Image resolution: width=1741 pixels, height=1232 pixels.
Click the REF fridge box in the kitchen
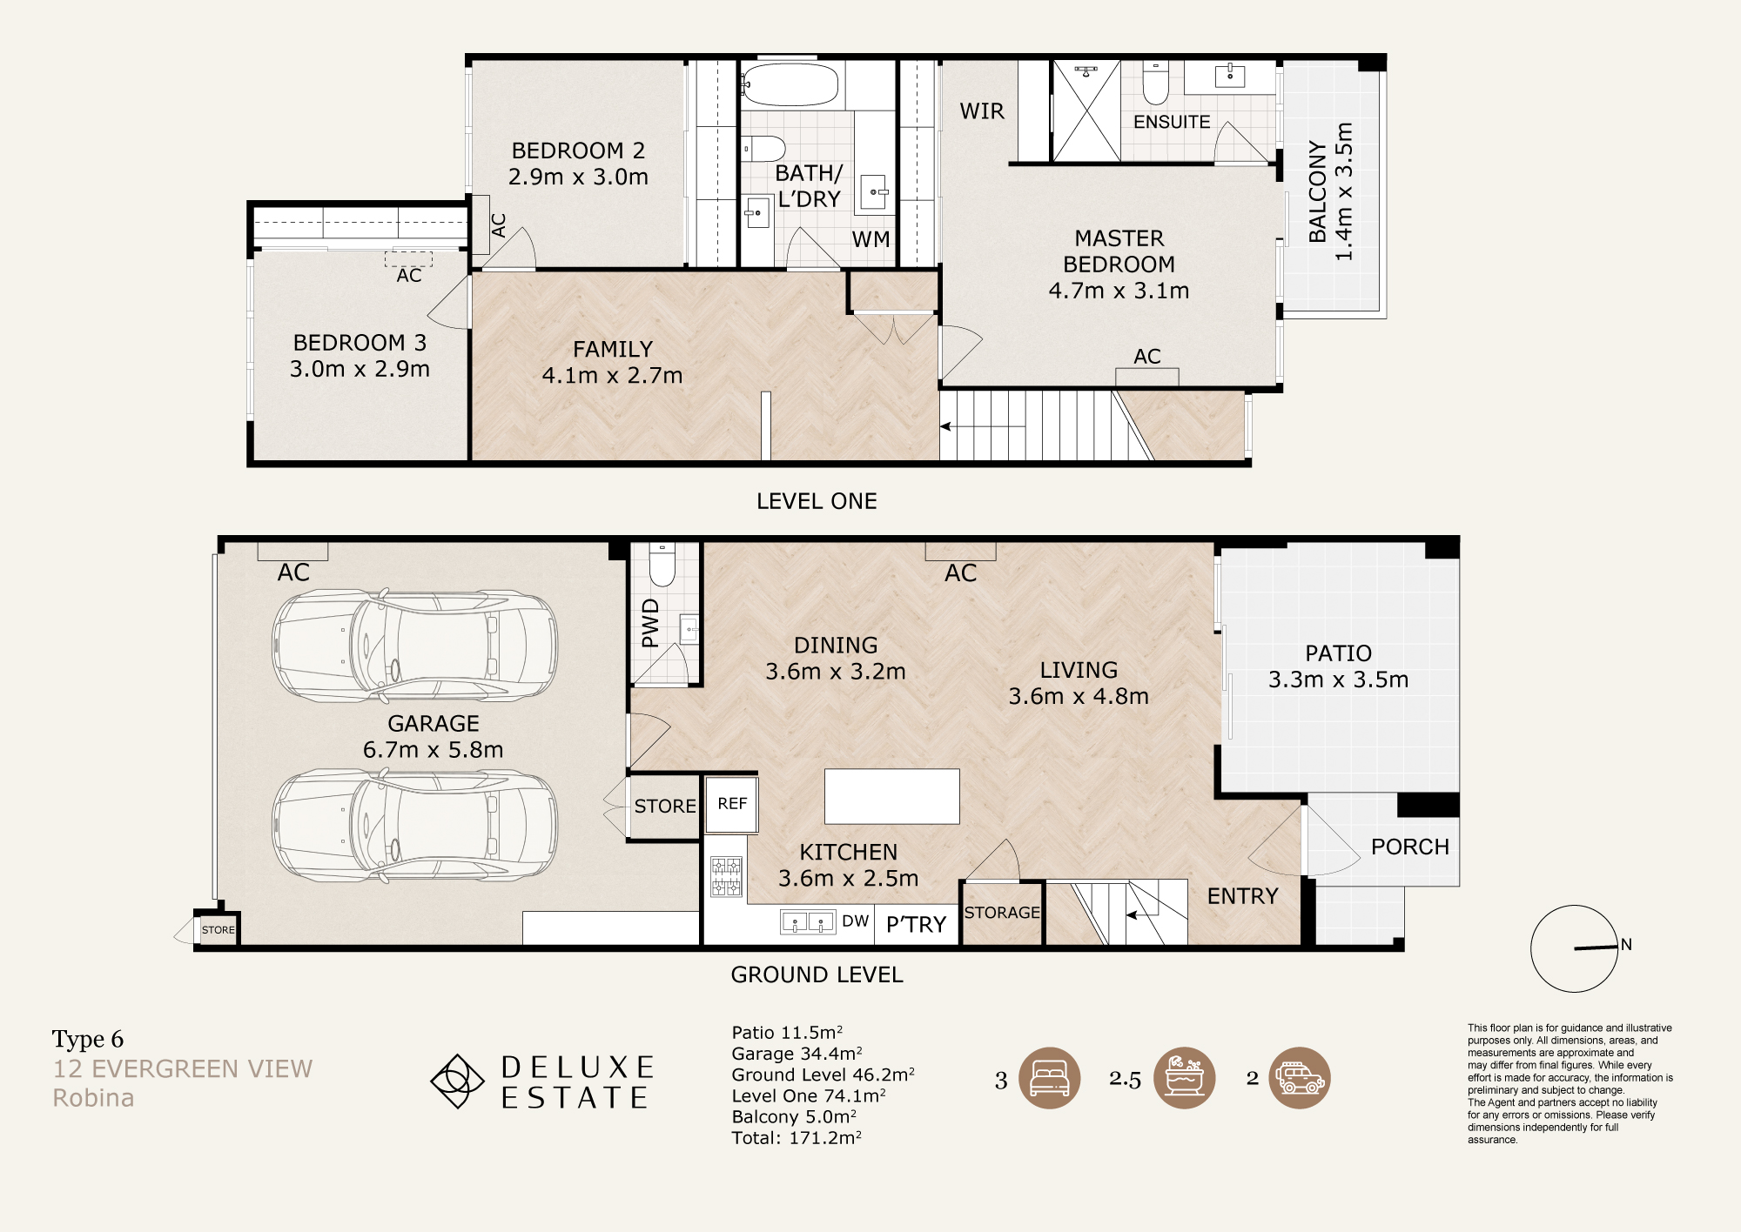(731, 803)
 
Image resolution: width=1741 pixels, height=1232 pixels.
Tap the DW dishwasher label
(855, 921)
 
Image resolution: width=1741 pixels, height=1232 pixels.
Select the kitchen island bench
(891, 796)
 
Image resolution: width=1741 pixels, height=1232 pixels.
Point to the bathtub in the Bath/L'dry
(790, 84)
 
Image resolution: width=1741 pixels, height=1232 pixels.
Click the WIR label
(982, 111)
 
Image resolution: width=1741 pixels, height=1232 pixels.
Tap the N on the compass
(1626, 944)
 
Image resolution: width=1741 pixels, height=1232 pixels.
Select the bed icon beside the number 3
(1050, 1078)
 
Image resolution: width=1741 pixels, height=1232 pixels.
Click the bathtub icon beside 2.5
(1185, 1078)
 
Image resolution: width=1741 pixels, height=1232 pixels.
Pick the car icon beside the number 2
(1300, 1078)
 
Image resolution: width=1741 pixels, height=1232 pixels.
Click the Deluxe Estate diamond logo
(457, 1081)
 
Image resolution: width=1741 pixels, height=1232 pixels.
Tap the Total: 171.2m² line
(797, 1137)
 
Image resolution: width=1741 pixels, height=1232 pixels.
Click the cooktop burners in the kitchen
(726, 876)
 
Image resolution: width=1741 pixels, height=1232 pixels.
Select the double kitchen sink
(808, 921)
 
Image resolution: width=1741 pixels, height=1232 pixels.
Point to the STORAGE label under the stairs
(1002, 912)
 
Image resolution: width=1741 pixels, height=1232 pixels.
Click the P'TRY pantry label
(916, 924)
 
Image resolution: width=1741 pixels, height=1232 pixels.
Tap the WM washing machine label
(870, 239)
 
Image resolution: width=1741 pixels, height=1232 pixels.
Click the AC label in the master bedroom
(1147, 356)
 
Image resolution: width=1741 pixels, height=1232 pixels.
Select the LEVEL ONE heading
(817, 501)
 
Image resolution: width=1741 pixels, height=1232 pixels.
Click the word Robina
(93, 1098)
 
